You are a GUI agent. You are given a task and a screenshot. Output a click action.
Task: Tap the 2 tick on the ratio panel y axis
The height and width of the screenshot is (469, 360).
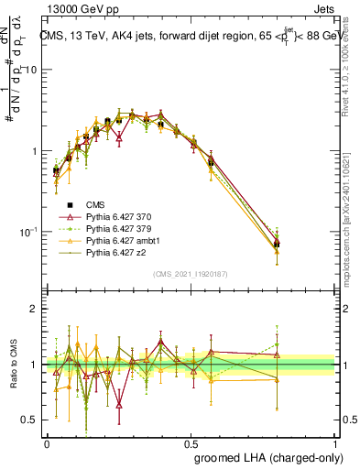34,309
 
